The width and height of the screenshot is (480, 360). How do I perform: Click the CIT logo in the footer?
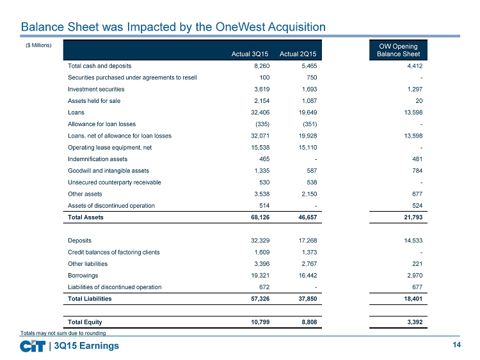tap(33, 346)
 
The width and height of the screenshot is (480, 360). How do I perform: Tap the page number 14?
tap(456, 345)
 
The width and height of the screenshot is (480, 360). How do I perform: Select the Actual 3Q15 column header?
tap(250, 54)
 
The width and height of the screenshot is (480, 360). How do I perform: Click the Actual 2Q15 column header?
tap(298, 54)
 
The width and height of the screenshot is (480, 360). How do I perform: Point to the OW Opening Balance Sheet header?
tap(398, 50)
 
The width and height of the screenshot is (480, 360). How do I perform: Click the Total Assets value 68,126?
tap(260, 217)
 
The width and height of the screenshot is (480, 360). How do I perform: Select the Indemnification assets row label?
tap(98, 159)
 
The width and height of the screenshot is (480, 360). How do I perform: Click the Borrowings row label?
tap(83, 276)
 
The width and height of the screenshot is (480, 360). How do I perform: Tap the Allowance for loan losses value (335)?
tap(262, 124)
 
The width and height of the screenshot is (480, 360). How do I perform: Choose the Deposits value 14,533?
tap(413, 240)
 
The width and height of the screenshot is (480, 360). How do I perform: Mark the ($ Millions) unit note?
tap(38, 45)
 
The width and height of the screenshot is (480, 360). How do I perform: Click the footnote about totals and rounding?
tap(63, 333)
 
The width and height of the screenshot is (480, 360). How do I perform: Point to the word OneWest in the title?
tap(240, 27)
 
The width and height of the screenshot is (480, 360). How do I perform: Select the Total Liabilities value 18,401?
tap(413, 299)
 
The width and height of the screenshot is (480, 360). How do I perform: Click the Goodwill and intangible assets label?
tap(108, 171)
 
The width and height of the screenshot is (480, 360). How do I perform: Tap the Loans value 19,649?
tap(308, 113)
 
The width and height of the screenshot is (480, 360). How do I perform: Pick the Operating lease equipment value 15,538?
tap(260, 148)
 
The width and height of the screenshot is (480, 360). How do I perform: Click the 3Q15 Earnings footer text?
tap(86, 346)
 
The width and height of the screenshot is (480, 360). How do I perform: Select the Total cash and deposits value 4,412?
tap(415, 66)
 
